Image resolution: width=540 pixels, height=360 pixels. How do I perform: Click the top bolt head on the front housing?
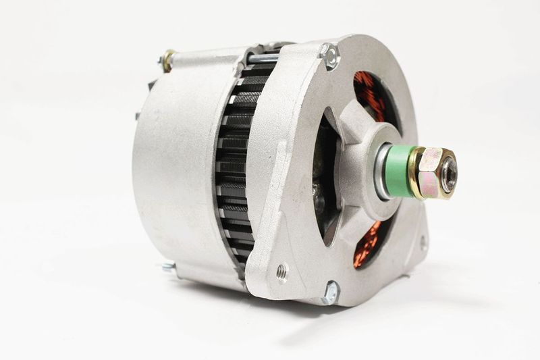click(331, 57)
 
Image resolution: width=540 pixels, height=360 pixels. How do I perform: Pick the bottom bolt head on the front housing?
click(329, 292)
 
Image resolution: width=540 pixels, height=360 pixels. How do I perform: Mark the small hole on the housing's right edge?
click(423, 241)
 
